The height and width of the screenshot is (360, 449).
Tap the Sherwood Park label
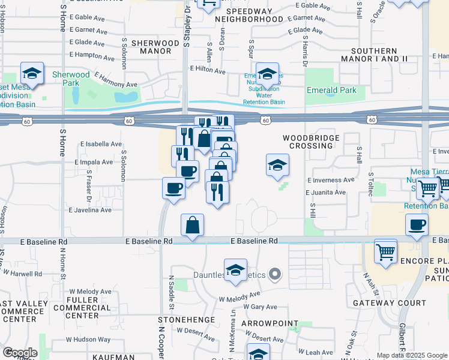click(x=71, y=79)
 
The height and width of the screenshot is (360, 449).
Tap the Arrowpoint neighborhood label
click(x=270, y=324)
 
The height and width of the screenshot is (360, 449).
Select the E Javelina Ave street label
click(x=90, y=210)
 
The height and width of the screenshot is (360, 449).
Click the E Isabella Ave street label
click(x=101, y=144)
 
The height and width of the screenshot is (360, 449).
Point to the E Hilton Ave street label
click(x=208, y=70)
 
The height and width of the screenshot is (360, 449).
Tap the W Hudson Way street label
click(x=88, y=340)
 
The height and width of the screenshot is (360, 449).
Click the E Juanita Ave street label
click(x=325, y=193)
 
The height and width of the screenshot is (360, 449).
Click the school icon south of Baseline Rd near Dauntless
click(x=236, y=270)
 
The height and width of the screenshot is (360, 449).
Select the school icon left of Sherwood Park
click(x=32, y=73)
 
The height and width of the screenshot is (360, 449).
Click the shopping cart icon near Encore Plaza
click(x=385, y=250)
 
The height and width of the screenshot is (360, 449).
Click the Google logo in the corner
click(x=20, y=352)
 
